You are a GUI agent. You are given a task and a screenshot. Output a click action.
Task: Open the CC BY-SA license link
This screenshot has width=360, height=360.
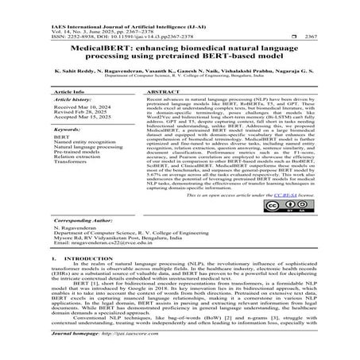point(275,216)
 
